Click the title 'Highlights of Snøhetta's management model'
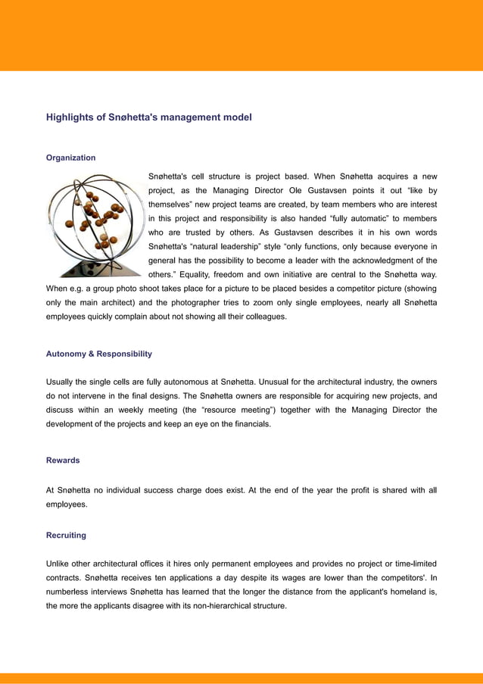tap(148, 117)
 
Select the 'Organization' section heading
tap(70, 158)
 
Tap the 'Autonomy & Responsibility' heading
tap(98, 354)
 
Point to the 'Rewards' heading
tap(62, 461)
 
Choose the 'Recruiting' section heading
tap(66, 536)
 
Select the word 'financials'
tap(247, 423)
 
